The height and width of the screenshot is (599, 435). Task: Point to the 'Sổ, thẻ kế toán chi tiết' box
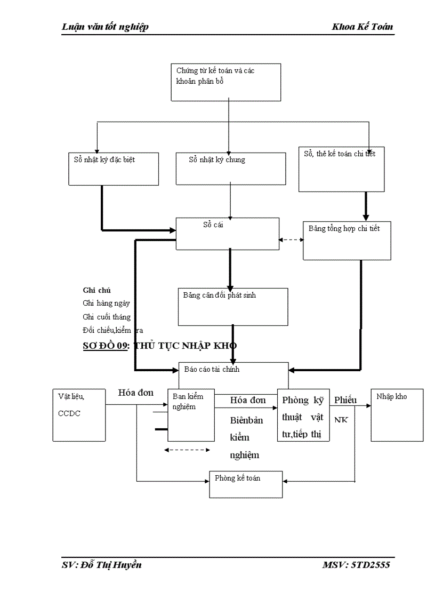tap(341, 169)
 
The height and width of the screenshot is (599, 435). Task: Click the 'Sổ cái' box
tap(228, 234)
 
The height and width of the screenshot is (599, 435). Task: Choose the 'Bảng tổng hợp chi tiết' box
tap(349, 240)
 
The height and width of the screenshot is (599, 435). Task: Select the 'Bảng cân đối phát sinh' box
tap(232, 306)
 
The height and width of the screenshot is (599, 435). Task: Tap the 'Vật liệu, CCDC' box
tap(78, 414)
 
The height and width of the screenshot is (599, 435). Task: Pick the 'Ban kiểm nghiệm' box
tap(191, 414)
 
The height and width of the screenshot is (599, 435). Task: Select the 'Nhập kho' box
tap(397, 414)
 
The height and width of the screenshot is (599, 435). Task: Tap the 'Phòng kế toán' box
tap(245, 483)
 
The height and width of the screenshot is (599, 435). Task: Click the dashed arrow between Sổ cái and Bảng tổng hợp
tap(291, 239)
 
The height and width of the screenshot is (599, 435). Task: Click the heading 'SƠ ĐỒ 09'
tap(106, 346)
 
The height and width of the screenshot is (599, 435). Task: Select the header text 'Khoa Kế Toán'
tap(362, 27)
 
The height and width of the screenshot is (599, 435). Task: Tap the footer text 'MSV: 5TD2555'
tap(356, 565)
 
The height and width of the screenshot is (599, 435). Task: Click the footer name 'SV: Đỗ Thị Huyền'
tap(101, 565)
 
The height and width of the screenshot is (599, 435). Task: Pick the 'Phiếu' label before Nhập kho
tap(345, 400)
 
